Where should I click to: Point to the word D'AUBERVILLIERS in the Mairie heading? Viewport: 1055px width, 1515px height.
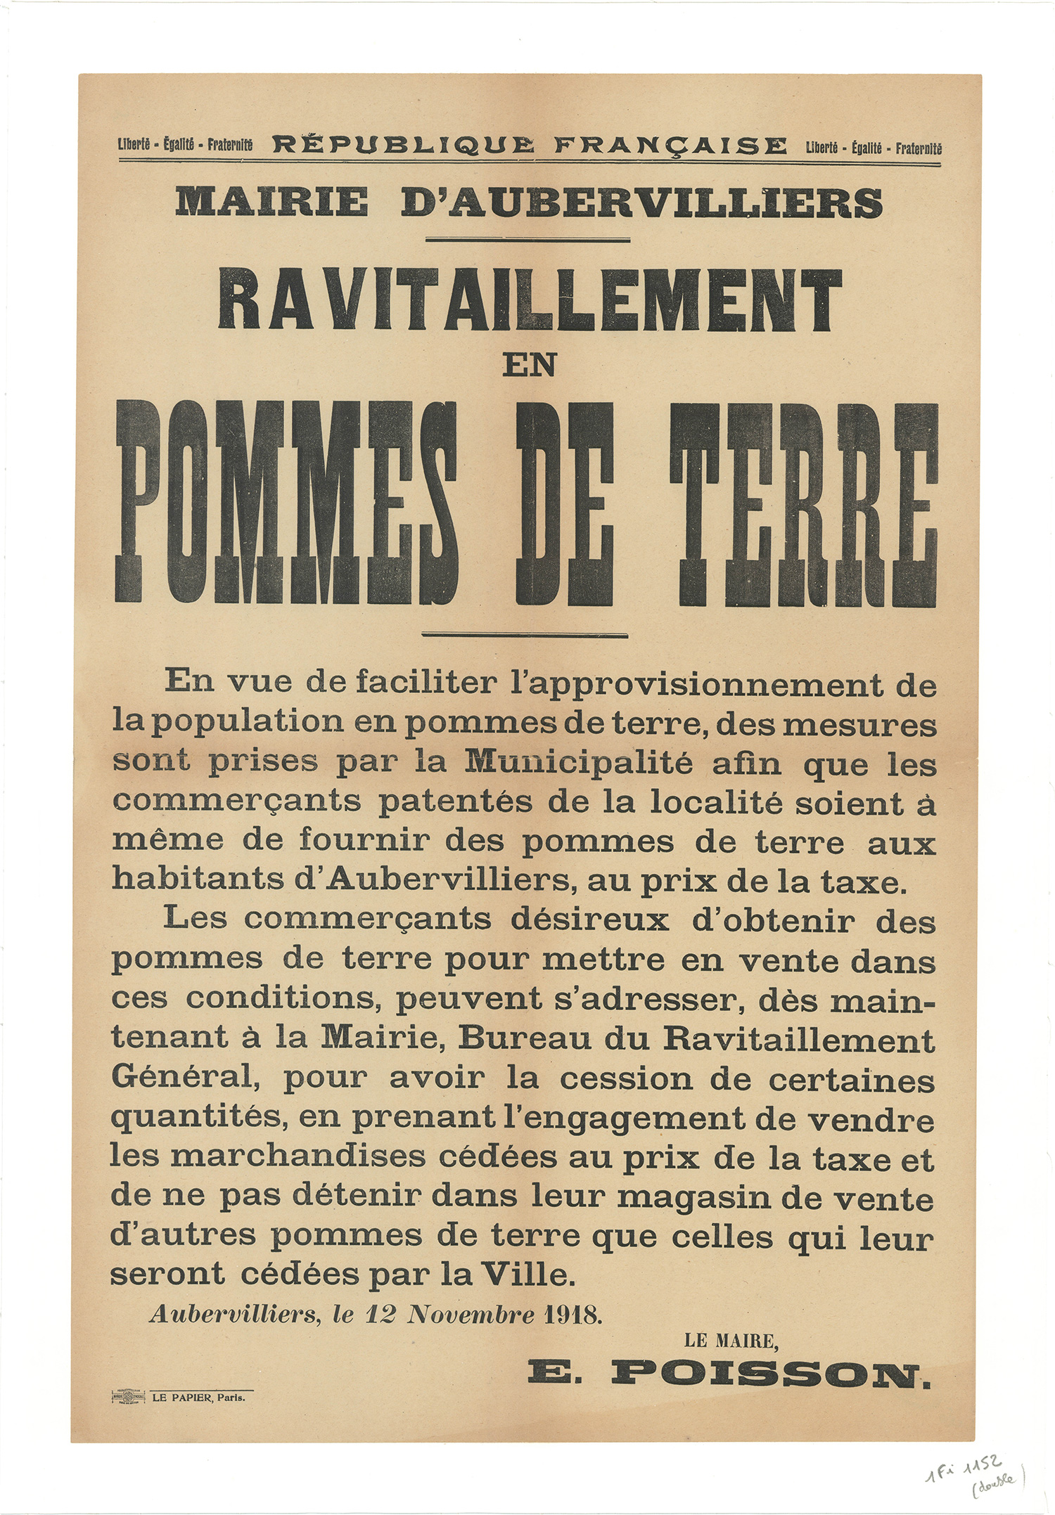(x=641, y=202)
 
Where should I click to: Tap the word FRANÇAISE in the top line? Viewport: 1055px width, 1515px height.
(x=670, y=146)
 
